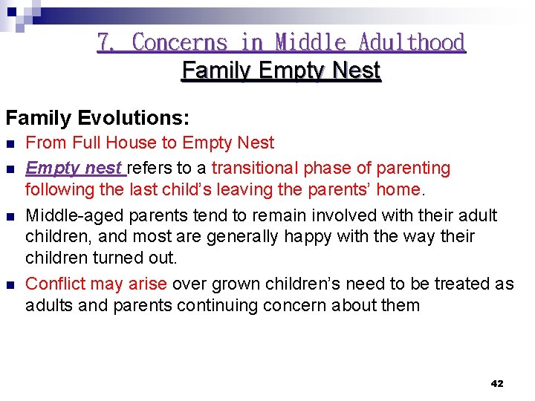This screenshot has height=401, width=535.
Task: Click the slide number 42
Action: coord(497,383)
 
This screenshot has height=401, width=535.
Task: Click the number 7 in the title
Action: coord(103,42)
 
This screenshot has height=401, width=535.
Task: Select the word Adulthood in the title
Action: coord(412,42)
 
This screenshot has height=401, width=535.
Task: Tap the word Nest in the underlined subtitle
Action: coord(356,71)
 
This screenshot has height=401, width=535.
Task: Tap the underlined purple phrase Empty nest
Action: coord(74,168)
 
